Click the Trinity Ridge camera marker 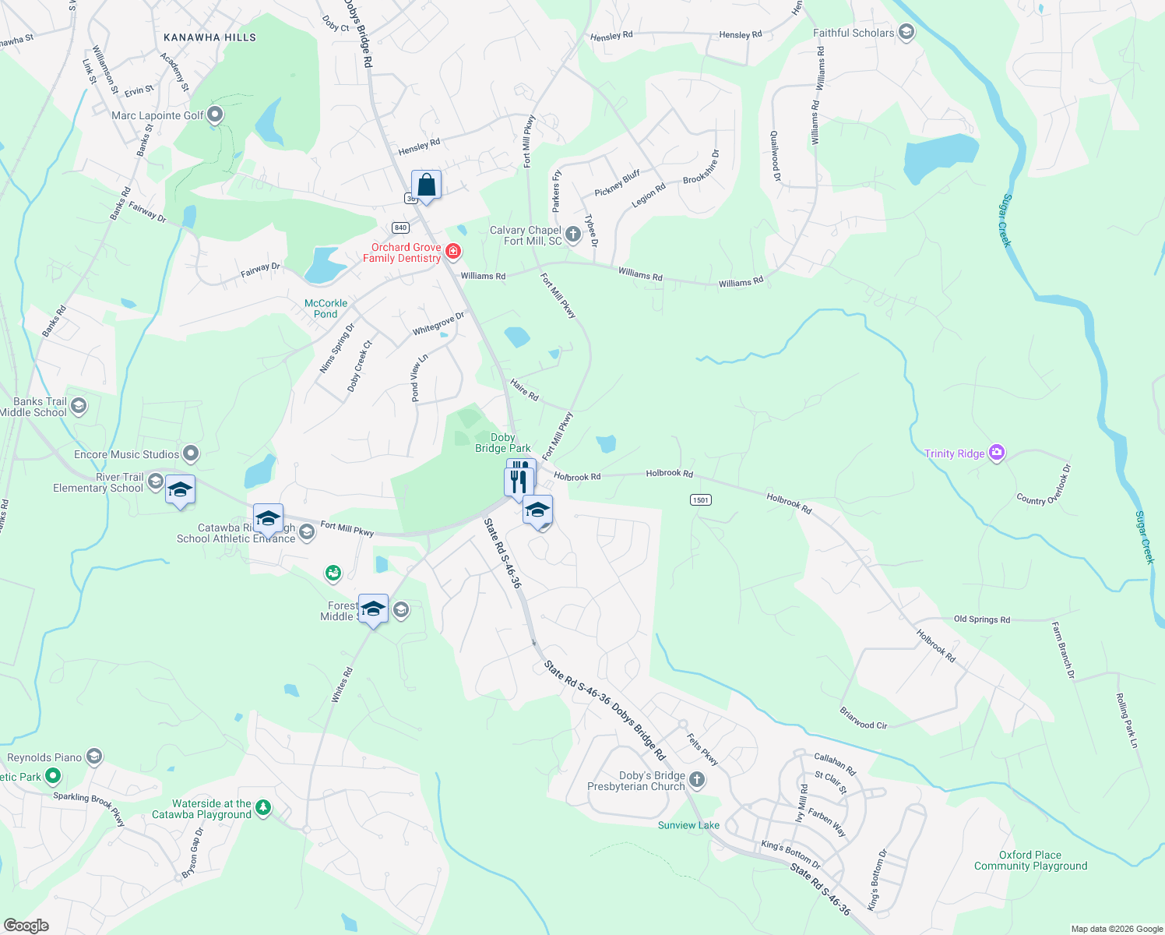point(996,453)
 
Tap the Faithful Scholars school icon point(906,32)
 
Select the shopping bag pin point(426,185)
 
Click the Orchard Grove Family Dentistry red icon point(452,252)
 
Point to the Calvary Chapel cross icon point(573,235)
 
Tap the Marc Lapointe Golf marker point(216,115)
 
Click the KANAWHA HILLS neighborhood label point(209,37)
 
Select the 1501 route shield point(700,499)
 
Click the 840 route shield point(400,228)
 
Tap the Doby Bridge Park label point(503,443)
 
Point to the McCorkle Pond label point(326,309)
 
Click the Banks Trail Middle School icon point(78,406)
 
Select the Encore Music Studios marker point(191,453)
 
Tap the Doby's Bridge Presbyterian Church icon point(697,779)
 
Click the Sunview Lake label point(688,825)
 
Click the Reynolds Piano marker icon point(93,757)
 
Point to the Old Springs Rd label point(981,619)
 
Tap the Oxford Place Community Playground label point(1030,860)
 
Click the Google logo point(26,926)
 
